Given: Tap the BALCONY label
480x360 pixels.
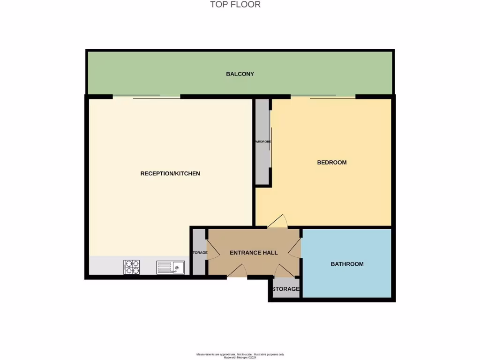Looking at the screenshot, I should pos(240,74).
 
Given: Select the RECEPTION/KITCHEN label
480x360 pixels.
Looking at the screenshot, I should pos(170,173).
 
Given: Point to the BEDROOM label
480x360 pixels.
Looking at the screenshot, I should pos(332,163).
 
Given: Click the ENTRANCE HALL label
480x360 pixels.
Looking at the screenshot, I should pos(254,253).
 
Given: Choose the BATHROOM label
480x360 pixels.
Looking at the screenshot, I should pos(347,264).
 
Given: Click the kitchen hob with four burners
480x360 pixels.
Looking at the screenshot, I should pos(131,267).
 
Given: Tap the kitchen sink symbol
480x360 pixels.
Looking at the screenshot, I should pos(171,267).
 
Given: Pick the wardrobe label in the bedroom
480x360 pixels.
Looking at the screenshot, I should pos(263,142).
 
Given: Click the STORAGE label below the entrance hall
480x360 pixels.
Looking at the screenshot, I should pos(285,289).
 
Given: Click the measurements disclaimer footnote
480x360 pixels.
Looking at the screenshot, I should pos(240,356).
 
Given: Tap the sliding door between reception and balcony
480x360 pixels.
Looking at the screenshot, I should pos(146,97).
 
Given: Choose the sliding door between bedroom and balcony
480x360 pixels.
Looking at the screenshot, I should pos(322,97).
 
